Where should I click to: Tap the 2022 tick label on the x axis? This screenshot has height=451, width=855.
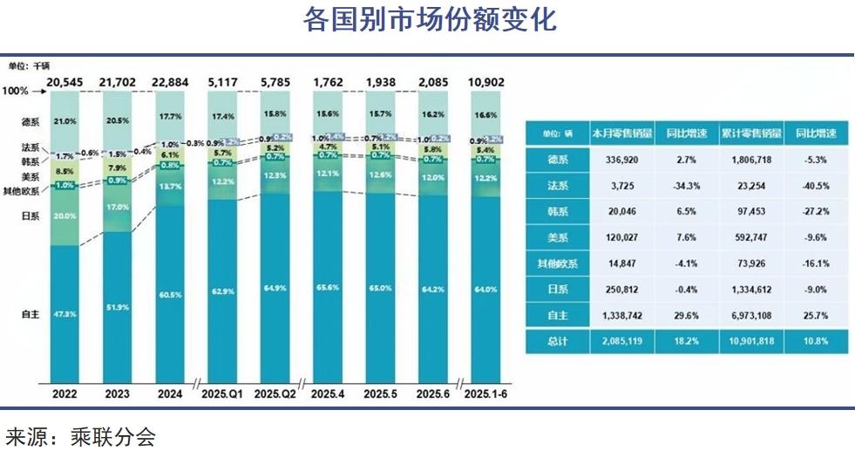tap(64, 394)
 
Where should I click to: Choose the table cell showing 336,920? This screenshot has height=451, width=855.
tap(621, 161)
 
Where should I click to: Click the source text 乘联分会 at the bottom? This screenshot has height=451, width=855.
tap(112, 435)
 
